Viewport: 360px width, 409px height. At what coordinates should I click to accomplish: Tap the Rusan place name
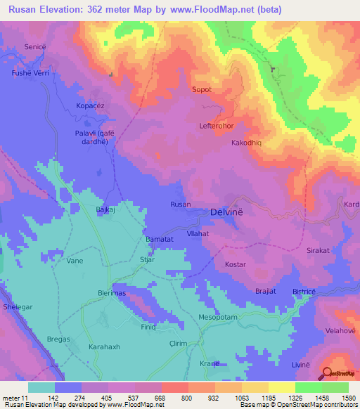181,204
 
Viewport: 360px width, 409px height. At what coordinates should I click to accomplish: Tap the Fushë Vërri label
27,72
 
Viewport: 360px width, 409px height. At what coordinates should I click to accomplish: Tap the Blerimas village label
112,294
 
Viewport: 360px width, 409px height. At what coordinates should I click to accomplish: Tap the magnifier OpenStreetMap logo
327,373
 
